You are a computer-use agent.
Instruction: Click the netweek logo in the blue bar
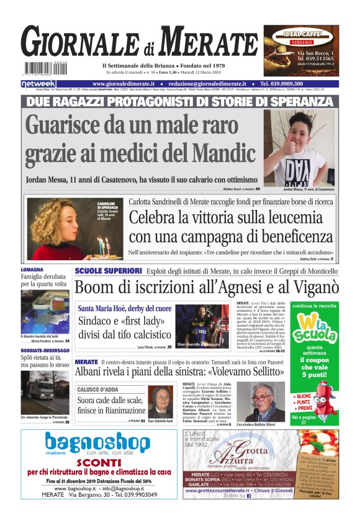pyautogui.click(x=38, y=84)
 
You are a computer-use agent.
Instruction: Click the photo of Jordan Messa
pyautogui.click(x=299, y=148)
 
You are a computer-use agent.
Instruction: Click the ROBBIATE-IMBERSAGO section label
pyautogui.click(x=45, y=350)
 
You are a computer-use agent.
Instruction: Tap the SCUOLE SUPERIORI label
pyautogui.click(x=108, y=271)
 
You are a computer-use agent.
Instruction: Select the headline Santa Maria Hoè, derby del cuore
pyautogui.click(x=124, y=308)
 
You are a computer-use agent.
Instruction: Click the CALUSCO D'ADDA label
pyautogui.click(x=98, y=389)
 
